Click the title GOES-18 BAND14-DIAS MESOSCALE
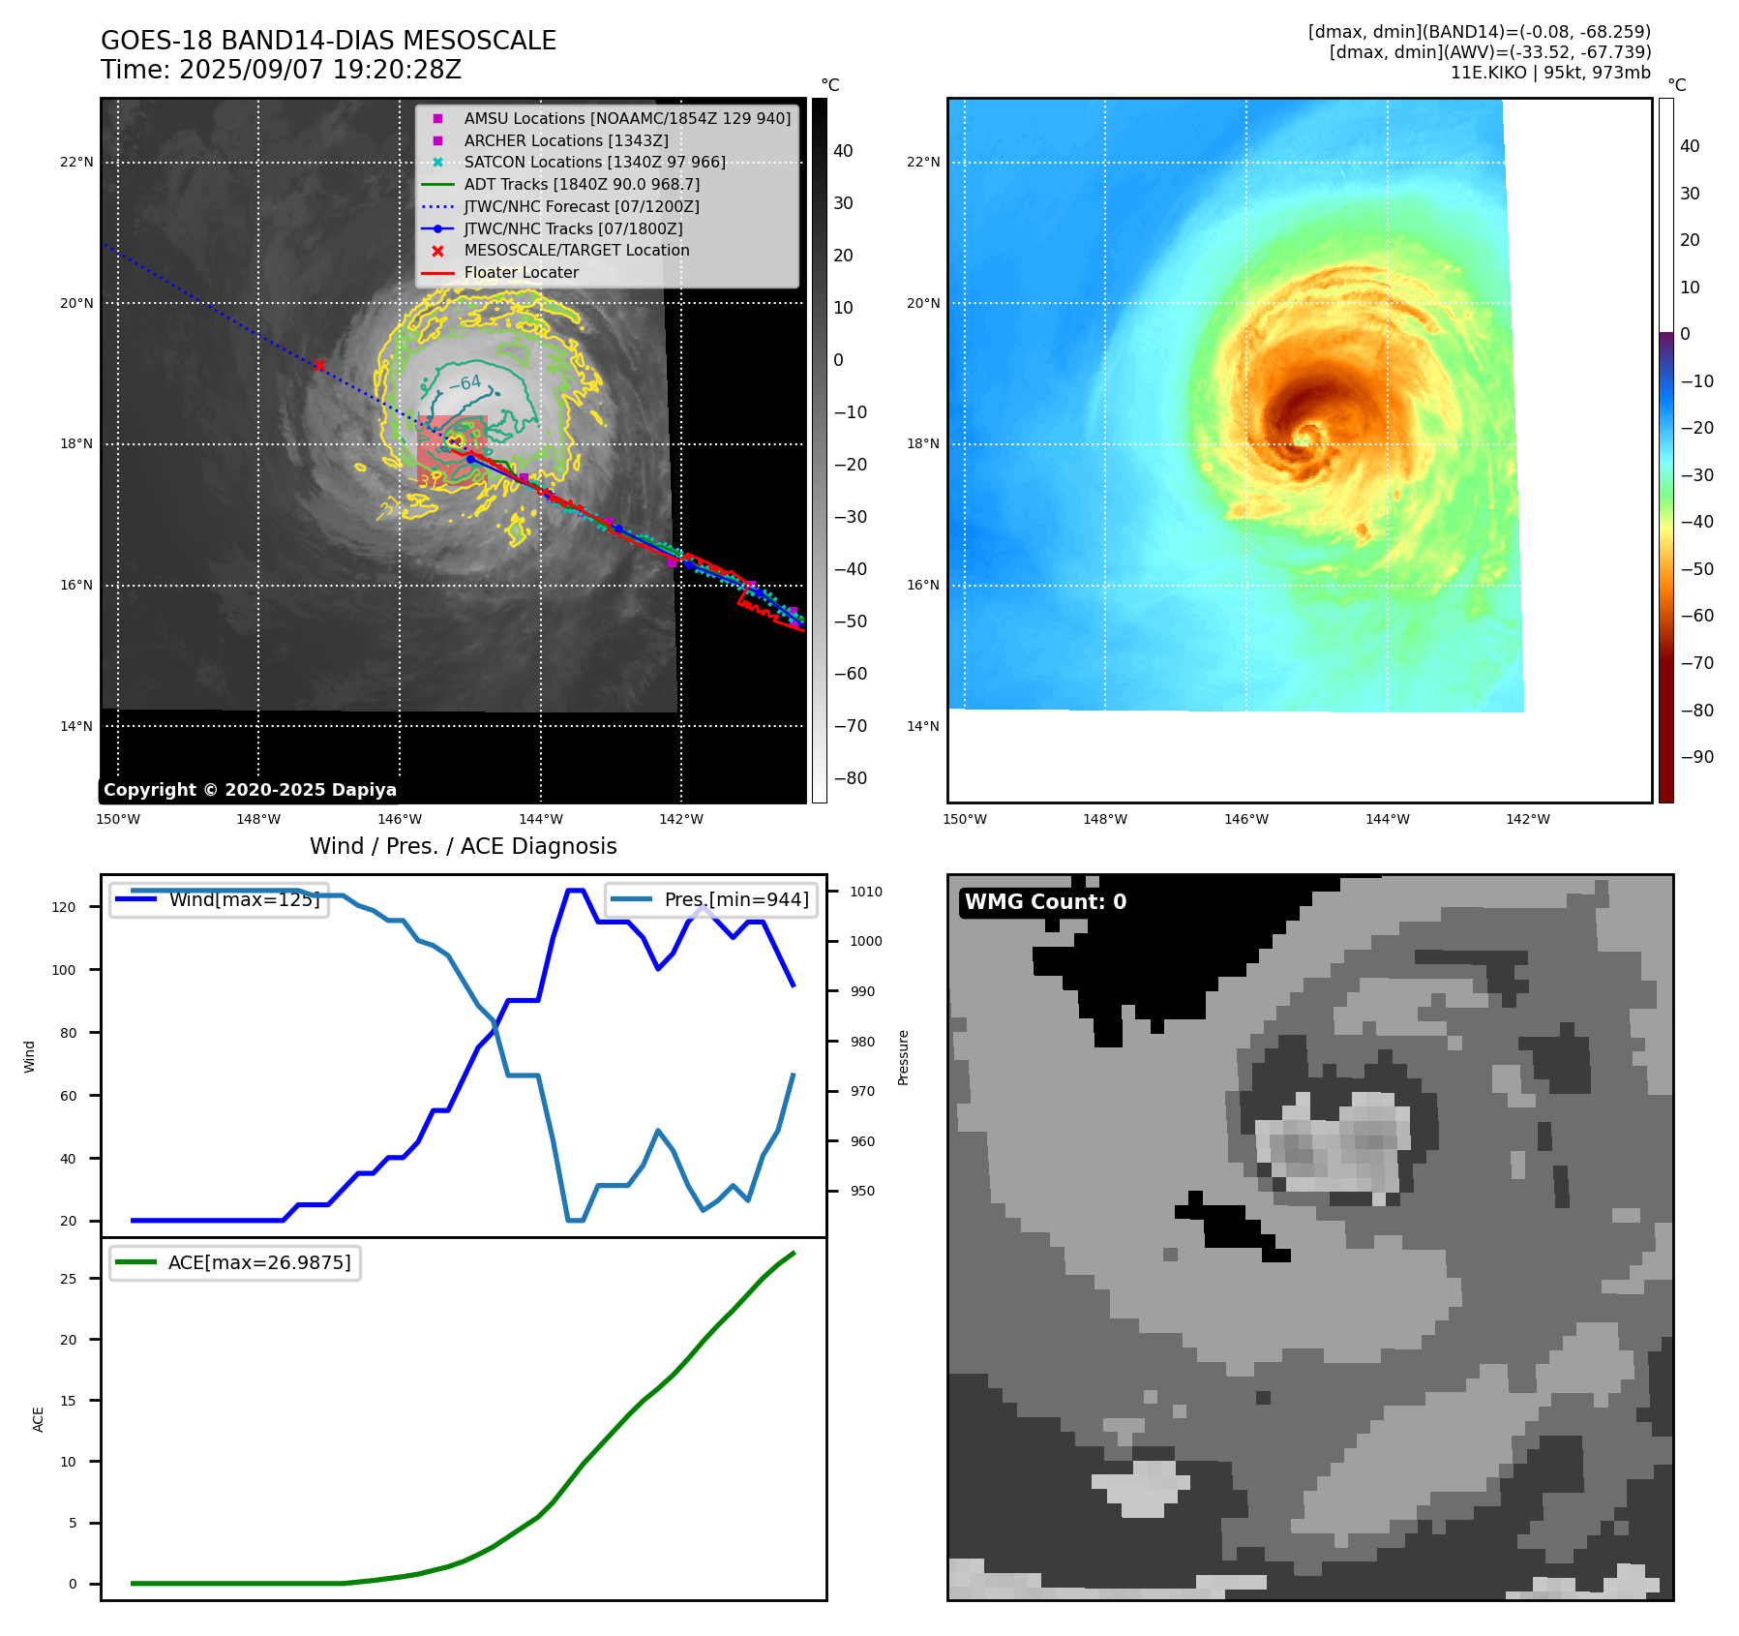(x=328, y=41)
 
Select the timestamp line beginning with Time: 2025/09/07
(x=281, y=71)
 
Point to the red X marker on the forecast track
(x=318, y=365)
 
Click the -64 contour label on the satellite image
(x=465, y=383)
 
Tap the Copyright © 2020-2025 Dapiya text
(x=250, y=790)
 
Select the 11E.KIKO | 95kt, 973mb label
(x=1550, y=73)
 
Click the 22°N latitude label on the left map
(x=76, y=162)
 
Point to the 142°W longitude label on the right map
(x=1527, y=819)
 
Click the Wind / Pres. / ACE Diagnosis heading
(x=463, y=846)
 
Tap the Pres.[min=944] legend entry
(x=735, y=899)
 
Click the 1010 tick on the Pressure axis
(x=866, y=892)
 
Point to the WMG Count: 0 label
(x=1045, y=902)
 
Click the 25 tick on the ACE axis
(x=68, y=1279)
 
